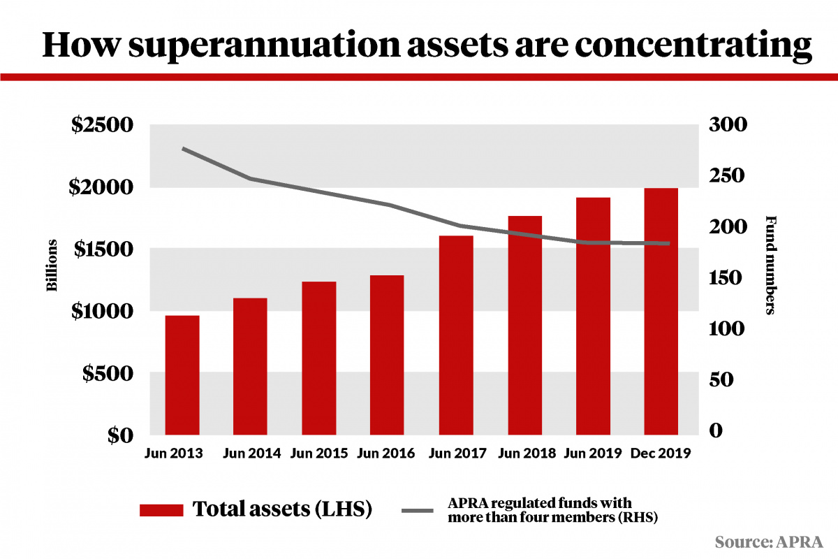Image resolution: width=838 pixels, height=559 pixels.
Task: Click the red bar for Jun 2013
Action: pyautogui.click(x=182, y=375)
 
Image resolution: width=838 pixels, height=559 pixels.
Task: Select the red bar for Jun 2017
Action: pyautogui.click(x=456, y=335)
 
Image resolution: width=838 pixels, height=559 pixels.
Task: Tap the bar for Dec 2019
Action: pyautogui.click(x=661, y=311)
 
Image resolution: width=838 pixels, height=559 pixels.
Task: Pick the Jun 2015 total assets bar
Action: pyautogui.click(x=319, y=358)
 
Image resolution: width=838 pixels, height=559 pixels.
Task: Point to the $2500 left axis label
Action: pyautogui.click(x=103, y=127)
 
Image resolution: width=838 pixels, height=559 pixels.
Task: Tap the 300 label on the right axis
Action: pyautogui.click(x=727, y=125)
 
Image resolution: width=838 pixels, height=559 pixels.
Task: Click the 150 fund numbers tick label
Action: pyautogui.click(x=727, y=278)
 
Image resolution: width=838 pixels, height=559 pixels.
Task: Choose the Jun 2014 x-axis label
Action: pyautogui.click(x=251, y=453)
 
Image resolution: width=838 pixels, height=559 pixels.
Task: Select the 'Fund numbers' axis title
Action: pyautogui.click(x=771, y=265)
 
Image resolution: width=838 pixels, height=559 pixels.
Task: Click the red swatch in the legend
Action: pyautogui.click(x=161, y=509)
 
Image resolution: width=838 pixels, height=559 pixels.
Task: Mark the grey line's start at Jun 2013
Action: pyautogui.click(x=183, y=149)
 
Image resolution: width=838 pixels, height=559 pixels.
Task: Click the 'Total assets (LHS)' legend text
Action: pyautogui.click(x=282, y=509)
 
